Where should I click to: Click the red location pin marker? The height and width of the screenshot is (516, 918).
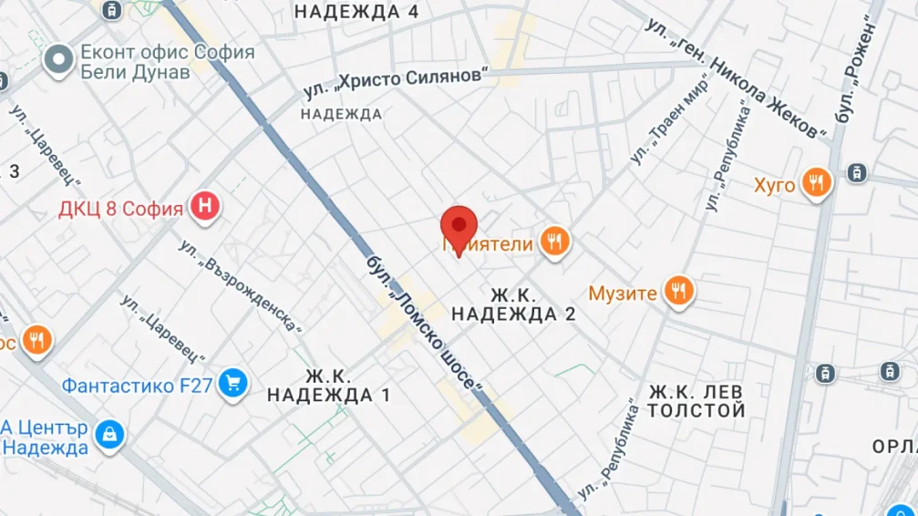point(459,225)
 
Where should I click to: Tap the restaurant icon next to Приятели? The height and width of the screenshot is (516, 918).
point(554,242)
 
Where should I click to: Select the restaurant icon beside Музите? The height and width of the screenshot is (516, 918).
point(677,291)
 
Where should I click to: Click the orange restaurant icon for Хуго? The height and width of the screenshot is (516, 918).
point(816,184)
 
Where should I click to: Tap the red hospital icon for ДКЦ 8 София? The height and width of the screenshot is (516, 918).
point(206,207)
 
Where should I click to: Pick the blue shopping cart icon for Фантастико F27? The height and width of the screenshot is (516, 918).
point(233,384)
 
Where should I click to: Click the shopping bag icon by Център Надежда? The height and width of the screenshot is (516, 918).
point(110,435)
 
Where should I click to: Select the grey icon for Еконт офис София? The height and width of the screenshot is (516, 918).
point(60,61)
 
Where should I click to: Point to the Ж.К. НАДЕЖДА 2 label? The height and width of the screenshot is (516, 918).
point(514,304)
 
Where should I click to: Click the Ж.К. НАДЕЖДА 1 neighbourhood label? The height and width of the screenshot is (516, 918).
point(329,386)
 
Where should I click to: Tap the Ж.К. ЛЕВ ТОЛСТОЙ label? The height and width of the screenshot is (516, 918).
point(696,401)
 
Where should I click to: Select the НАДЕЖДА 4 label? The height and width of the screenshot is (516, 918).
point(357,12)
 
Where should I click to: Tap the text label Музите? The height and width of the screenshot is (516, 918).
point(623,294)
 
